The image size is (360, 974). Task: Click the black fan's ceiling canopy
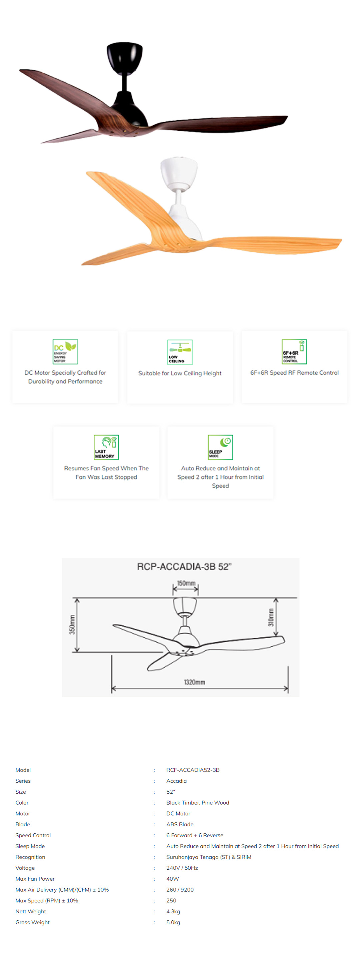(x=124, y=56)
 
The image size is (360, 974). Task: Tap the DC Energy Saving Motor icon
(x=65, y=351)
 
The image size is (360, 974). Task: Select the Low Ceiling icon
(x=180, y=352)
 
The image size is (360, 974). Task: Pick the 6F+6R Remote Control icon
(x=294, y=351)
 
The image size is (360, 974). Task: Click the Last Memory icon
(x=106, y=447)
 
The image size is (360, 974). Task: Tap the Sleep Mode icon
(x=220, y=447)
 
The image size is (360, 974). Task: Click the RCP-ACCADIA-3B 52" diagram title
(x=184, y=566)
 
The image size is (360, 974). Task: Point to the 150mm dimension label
(x=186, y=583)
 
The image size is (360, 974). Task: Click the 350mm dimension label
(x=72, y=625)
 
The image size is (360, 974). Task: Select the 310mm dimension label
(x=271, y=617)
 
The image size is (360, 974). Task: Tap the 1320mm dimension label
(x=194, y=682)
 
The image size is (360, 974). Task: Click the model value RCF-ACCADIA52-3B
(x=193, y=770)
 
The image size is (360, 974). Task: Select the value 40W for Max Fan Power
(x=173, y=879)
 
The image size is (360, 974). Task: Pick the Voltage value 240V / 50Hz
(x=182, y=868)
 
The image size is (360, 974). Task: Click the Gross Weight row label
(x=33, y=922)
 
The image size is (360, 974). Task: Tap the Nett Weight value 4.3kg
(x=173, y=912)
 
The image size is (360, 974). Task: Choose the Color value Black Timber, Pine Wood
(x=198, y=802)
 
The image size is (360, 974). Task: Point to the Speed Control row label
(x=33, y=835)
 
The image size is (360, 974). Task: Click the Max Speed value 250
(x=171, y=900)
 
